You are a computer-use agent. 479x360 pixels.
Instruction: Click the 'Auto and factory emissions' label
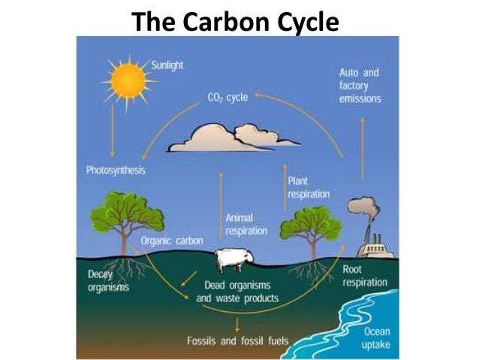pyautogui.click(x=360, y=86)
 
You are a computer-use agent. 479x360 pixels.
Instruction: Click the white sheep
pyautogui.click(x=232, y=260)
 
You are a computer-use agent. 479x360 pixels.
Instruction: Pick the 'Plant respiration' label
pyautogui.click(x=308, y=187)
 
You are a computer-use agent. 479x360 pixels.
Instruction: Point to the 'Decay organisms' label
pyautogui.click(x=108, y=280)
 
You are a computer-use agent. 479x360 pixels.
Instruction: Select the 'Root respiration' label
pyautogui.click(x=364, y=275)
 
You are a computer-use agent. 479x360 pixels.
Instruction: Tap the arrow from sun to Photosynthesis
pyautogui.click(x=113, y=132)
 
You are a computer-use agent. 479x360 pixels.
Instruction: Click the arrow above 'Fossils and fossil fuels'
pyautogui.click(x=237, y=323)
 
